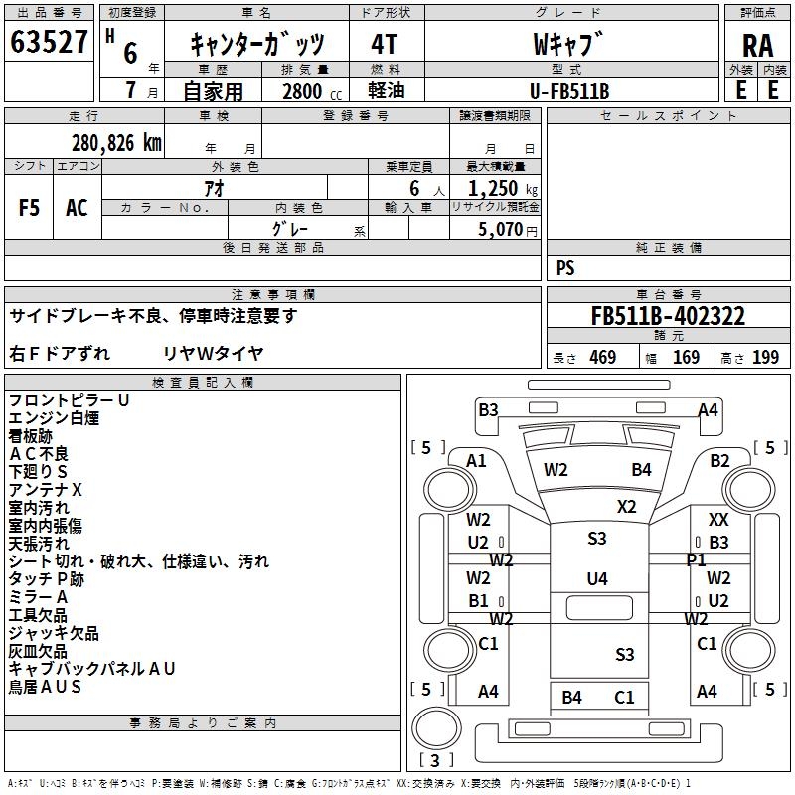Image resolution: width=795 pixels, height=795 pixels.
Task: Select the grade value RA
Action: pyautogui.click(x=757, y=46)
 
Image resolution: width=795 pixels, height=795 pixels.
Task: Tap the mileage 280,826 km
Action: pyautogui.click(x=116, y=143)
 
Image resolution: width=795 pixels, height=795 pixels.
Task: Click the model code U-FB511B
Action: pyautogui.click(x=569, y=91)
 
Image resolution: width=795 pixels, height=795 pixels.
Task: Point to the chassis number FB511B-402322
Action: pyautogui.click(x=668, y=317)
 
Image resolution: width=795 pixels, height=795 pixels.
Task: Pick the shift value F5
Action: pyautogui.click(x=30, y=208)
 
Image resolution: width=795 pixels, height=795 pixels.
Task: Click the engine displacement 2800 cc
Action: pyautogui.click(x=302, y=91)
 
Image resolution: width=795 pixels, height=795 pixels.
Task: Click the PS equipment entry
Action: pyautogui.click(x=565, y=268)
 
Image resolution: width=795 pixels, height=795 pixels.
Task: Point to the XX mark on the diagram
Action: pyautogui.click(x=718, y=520)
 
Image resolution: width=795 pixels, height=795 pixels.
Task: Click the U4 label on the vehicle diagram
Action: pyautogui.click(x=596, y=578)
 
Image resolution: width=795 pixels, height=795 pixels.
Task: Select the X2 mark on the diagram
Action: pyautogui.click(x=626, y=506)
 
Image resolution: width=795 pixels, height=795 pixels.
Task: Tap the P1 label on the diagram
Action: pyautogui.click(x=696, y=560)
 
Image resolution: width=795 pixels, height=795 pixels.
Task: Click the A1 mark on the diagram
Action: pyautogui.click(x=477, y=460)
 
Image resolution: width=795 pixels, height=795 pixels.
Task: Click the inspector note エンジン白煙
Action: pyautogui.click(x=54, y=418)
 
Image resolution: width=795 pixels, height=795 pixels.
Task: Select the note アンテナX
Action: pyautogui.click(x=46, y=490)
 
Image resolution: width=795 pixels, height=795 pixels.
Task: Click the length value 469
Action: pyautogui.click(x=602, y=358)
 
